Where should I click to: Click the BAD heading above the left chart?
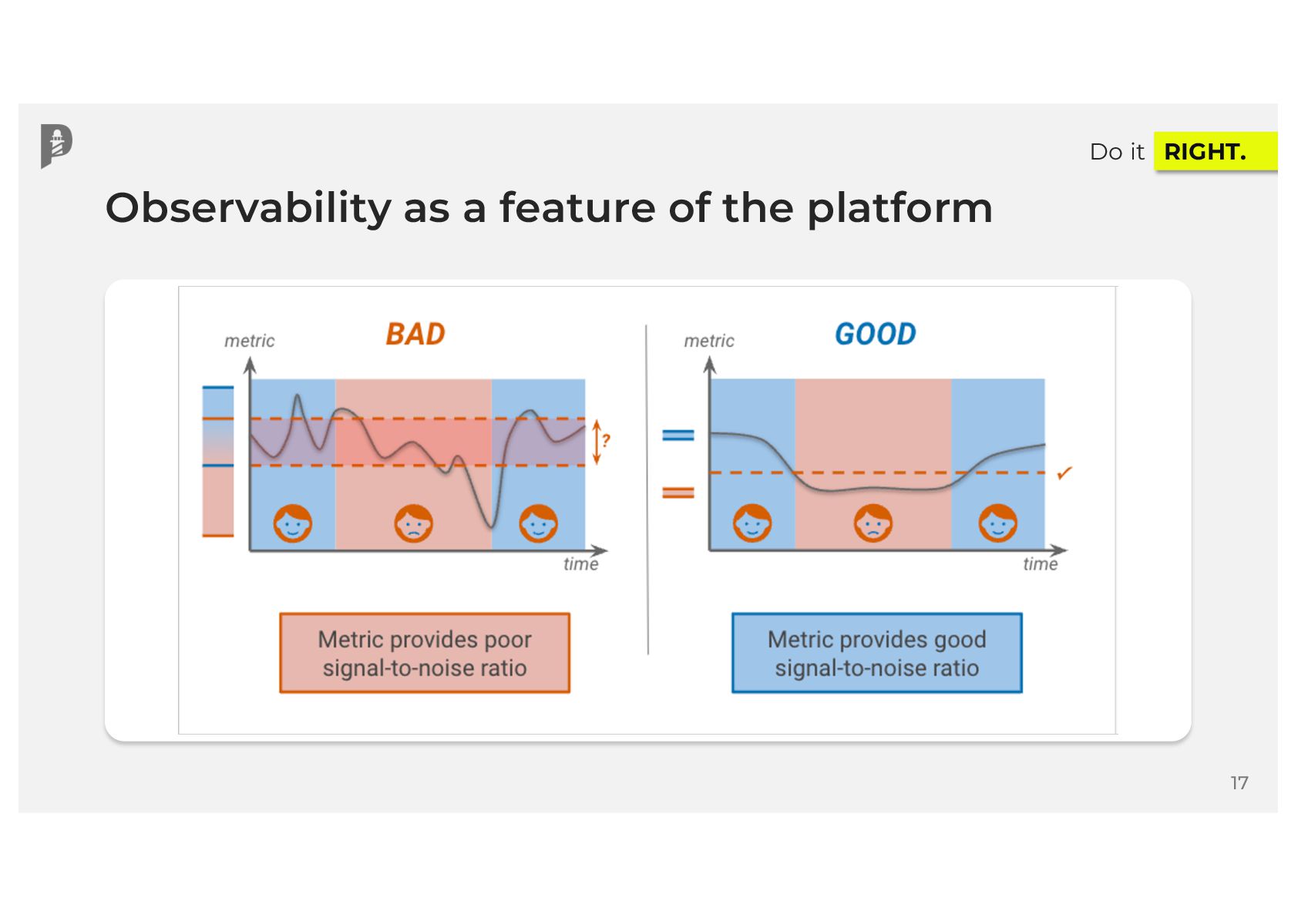tap(415, 335)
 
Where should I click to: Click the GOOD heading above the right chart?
tap(876, 335)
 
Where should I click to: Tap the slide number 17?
tap(1239, 783)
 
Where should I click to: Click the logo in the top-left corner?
tap(56, 145)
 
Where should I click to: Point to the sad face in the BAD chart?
tap(414, 523)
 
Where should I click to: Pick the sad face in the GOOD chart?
tap(873, 523)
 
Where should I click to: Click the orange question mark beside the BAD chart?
tap(607, 441)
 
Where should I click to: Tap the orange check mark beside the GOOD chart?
tap(1064, 473)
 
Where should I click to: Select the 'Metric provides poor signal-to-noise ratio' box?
tap(425, 653)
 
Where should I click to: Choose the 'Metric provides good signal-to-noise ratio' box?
tap(876, 653)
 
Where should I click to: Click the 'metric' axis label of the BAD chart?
tap(249, 341)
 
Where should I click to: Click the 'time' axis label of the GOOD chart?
tap(1040, 564)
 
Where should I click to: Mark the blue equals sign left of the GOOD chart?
tap(678, 435)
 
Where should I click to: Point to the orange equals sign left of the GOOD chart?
tap(678, 493)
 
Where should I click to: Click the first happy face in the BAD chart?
tap(293, 523)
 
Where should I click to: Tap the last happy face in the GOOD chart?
tap(997, 523)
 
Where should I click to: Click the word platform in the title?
tap(900, 208)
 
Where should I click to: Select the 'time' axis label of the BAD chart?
tap(580, 564)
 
